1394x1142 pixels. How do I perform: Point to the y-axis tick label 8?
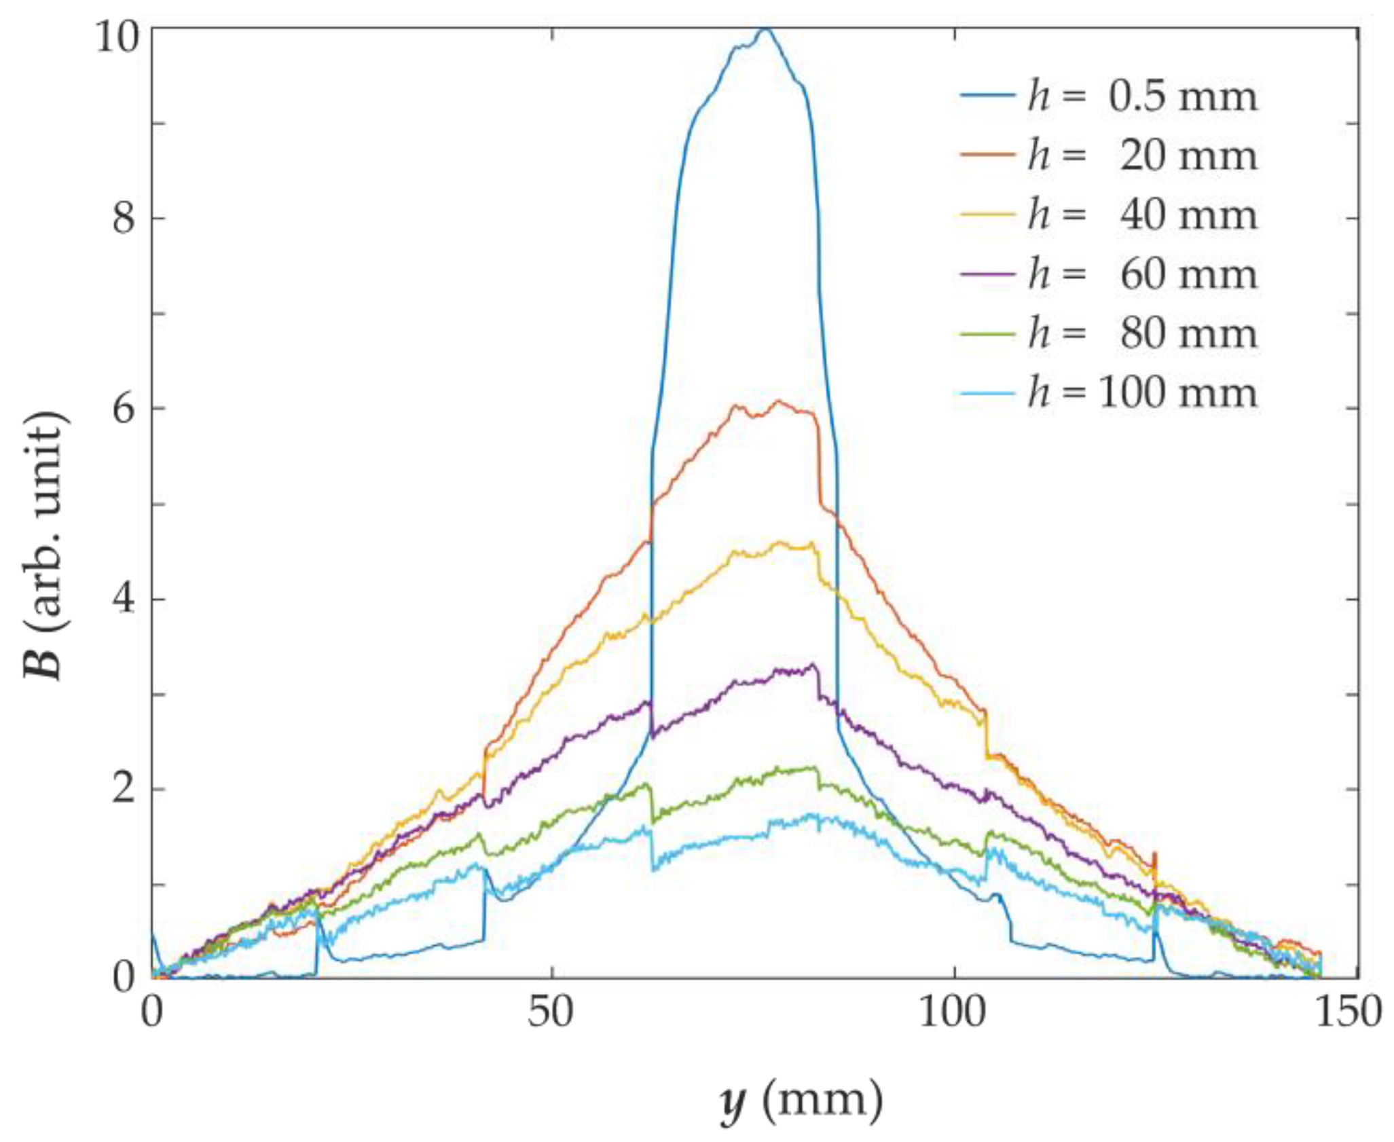123,219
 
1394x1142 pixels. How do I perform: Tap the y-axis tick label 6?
123,409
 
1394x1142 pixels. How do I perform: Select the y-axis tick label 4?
123,600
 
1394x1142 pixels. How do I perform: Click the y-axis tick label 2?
123,790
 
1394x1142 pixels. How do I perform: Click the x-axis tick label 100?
953,1012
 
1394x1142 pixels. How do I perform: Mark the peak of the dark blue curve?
766,29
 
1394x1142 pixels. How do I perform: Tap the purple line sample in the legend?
988,274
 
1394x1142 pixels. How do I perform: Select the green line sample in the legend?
988,333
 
